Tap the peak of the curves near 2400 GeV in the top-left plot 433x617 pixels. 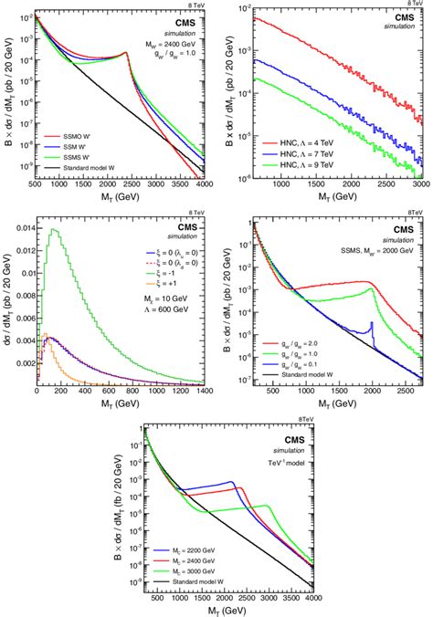click(x=152, y=54)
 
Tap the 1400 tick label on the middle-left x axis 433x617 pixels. click(x=201, y=392)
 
